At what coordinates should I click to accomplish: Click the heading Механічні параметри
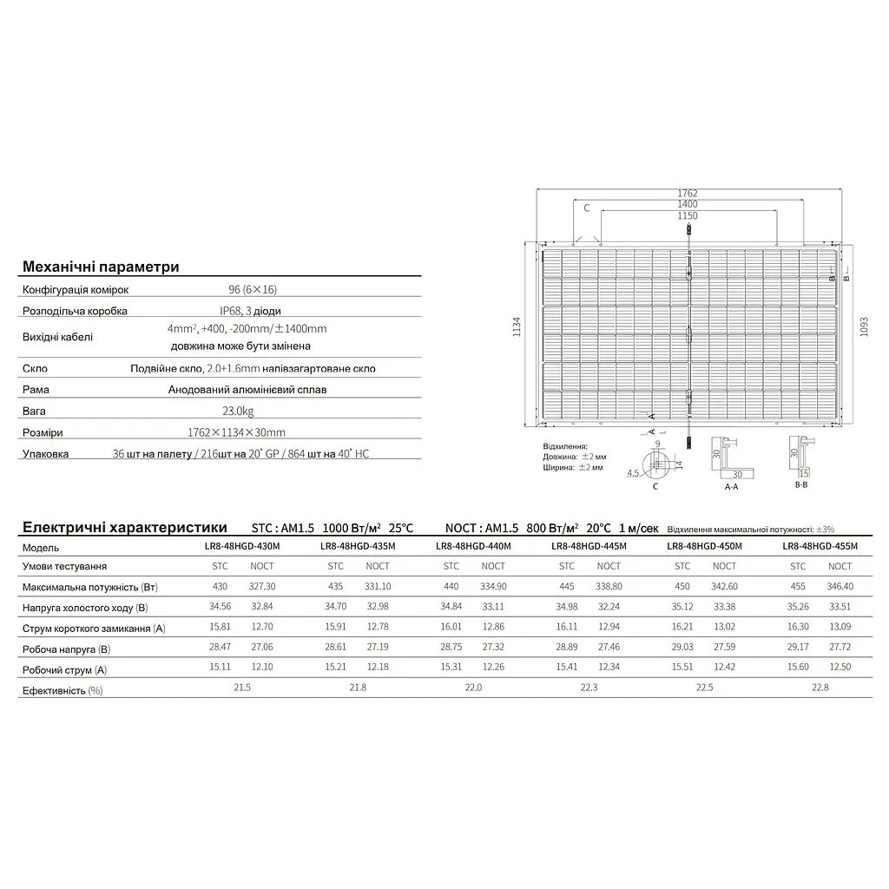coord(101,266)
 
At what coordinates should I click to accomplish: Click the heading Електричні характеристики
coord(124,527)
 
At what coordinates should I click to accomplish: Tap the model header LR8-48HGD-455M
coord(820,547)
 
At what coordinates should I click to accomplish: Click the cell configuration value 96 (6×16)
coord(247,289)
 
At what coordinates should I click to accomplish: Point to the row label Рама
coord(36,390)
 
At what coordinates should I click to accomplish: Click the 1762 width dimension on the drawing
coord(688,194)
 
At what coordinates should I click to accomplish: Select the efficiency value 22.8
coord(820,688)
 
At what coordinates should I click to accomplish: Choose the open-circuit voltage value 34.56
coord(222,607)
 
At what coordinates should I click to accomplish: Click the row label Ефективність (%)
coord(63,690)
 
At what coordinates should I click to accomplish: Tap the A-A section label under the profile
coord(731,488)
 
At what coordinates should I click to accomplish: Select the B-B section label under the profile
coord(801,488)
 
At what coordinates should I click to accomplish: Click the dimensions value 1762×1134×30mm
coord(236,431)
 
